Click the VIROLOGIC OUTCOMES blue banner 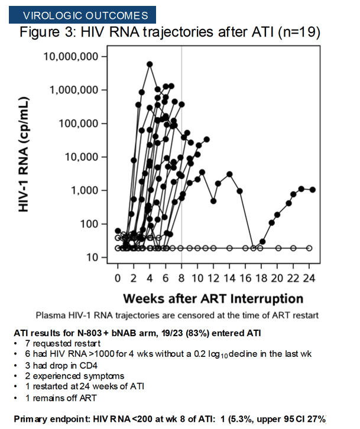pos(82,15)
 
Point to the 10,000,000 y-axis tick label pos(70,56)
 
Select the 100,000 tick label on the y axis pos(79,123)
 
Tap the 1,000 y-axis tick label pos(85,190)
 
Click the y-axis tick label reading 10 pos(92,258)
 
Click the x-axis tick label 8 pos(181,278)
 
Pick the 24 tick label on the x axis pos(309,278)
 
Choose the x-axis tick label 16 pos(245,278)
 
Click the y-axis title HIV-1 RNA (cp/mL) pos(24,155)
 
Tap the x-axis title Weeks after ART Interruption pos(213,298)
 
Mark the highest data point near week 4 pos(150,64)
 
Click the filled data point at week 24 pos(312,190)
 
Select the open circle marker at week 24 pos(309,248)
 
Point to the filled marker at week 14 pos(230,174)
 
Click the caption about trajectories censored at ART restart pos(177,316)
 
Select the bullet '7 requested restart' pos(63,343)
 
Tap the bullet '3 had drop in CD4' pos(61,366)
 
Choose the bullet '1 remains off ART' pos(61,398)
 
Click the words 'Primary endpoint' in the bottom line pos(52,419)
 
